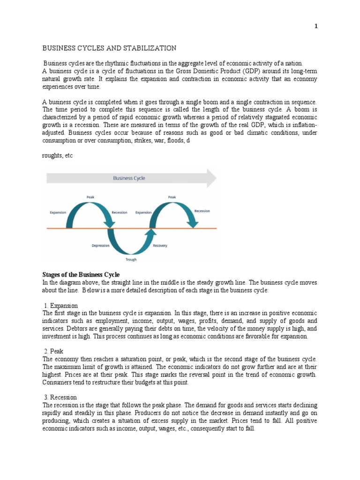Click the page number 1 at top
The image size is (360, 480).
[316, 27]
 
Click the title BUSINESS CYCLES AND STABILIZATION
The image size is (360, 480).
[110, 48]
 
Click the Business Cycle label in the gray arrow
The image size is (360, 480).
[129, 178]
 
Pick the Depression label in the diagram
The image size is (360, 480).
[100, 246]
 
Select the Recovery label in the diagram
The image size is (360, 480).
[160, 246]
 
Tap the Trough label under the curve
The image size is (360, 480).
[131, 259]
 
